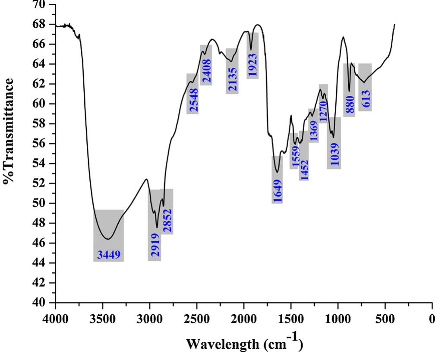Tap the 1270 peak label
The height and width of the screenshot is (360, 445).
coord(323,109)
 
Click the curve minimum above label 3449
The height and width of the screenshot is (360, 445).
coord(108,239)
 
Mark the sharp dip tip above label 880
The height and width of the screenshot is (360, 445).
coord(349,91)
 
